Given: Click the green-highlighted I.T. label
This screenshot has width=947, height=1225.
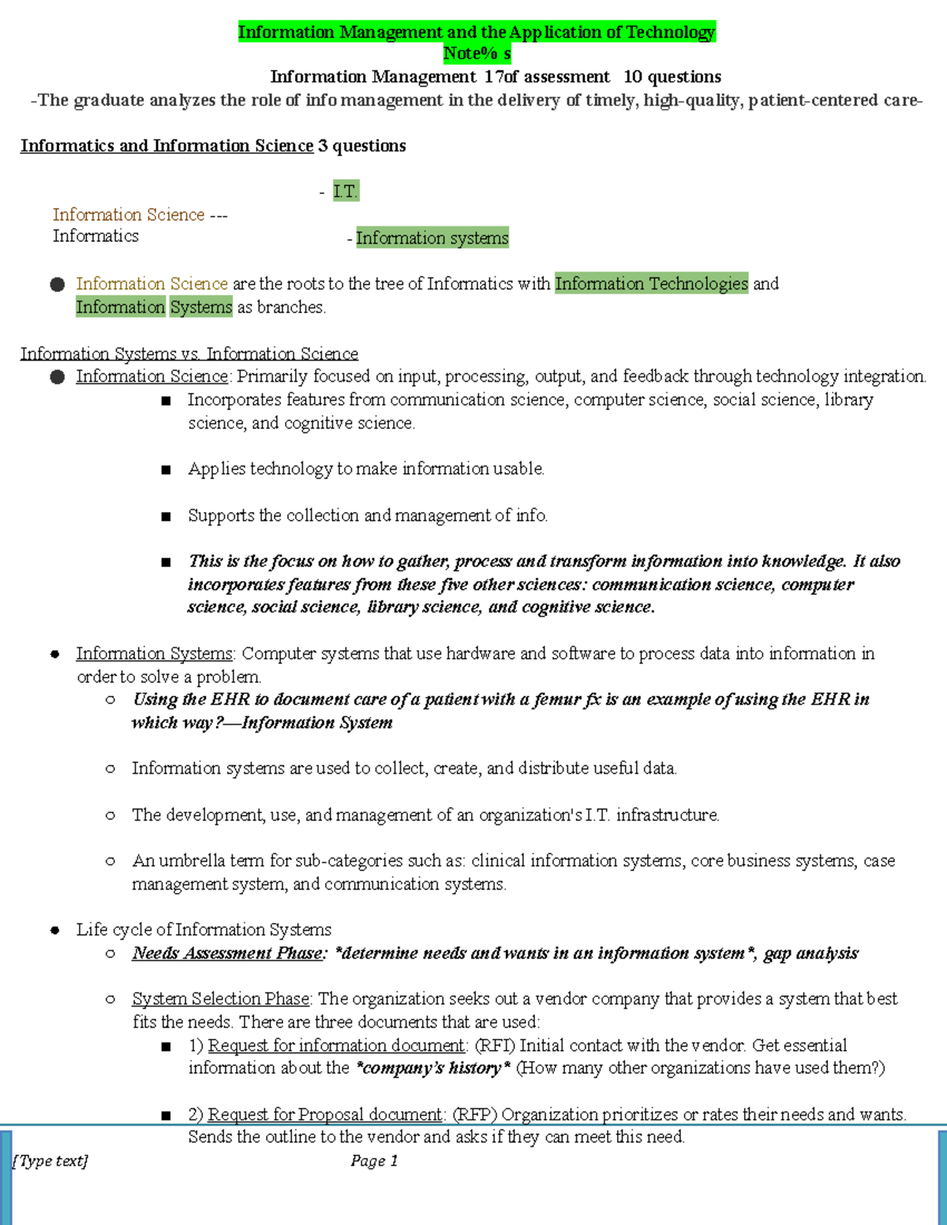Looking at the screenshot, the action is (x=346, y=191).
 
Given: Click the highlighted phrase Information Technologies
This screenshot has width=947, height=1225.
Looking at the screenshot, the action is (x=651, y=283).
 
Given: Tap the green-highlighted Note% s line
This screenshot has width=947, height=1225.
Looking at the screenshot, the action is (x=477, y=54).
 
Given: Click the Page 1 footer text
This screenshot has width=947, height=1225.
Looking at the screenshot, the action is (x=374, y=1160).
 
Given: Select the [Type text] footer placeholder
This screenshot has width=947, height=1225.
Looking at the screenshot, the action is (x=51, y=1160).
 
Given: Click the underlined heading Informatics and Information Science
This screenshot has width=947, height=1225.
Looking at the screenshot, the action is (x=167, y=146).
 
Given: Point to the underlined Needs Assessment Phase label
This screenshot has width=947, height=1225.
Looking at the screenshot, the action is (x=227, y=953).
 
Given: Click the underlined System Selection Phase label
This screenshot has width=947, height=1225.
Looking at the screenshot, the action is (x=220, y=999).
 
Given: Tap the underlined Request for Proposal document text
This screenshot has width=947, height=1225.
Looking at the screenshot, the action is (x=324, y=1115).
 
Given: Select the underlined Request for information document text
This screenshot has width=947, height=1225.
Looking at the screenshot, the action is (x=336, y=1045).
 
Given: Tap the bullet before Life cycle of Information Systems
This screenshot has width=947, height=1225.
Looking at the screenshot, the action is (x=54, y=930).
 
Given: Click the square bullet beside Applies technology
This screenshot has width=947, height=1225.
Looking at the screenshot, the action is (x=166, y=469).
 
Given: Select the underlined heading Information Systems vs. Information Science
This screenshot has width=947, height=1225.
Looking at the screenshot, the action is (x=189, y=353).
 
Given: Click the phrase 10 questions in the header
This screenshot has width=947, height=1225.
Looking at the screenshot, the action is (x=672, y=77).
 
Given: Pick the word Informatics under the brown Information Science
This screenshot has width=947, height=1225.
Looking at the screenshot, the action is (x=95, y=236).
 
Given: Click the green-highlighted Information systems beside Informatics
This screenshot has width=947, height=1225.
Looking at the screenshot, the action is (x=432, y=237).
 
